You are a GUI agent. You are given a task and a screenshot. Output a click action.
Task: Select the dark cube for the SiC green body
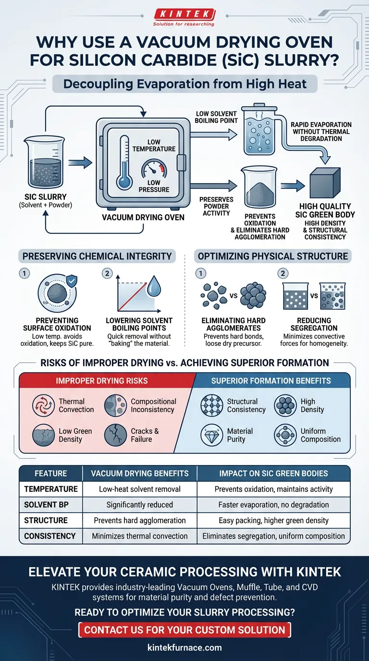click(x=325, y=184)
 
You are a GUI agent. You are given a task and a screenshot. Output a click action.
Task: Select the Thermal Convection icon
click(x=43, y=405)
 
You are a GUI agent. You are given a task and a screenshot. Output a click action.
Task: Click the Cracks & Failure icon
click(x=115, y=435)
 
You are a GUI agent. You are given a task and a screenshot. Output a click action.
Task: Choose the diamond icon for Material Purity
click(x=212, y=435)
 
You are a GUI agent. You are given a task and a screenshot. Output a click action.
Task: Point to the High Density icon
click(x=285, y=405)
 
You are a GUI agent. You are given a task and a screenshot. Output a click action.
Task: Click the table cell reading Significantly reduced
click(x=140, y=505)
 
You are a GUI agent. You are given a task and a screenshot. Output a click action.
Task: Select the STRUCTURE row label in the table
click(x=50, y=520)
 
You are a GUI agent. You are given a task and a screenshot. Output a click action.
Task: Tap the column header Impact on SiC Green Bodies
click(x=273, y=474)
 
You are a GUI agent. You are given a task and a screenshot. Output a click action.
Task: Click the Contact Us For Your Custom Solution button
click(x=184, y=630)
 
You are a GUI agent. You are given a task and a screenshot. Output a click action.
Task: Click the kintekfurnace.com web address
click(x=184, y=648)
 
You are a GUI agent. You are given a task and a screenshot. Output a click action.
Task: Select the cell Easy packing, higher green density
click(x=273, y=520)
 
